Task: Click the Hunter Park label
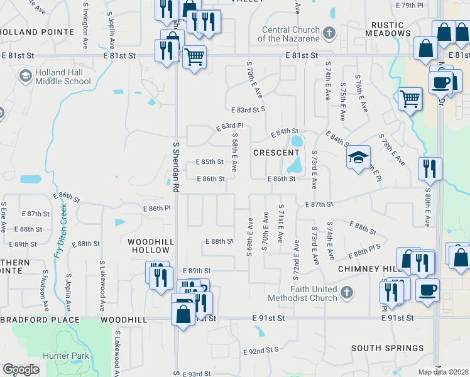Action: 72,356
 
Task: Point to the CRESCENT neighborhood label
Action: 276,153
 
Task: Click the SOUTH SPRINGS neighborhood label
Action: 387,348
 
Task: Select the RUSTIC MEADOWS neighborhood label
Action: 391,30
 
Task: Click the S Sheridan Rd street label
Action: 176,166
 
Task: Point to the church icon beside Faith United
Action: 346,293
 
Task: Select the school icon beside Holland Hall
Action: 26,77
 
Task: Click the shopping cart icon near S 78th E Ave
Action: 410,98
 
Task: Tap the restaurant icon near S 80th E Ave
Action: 430,168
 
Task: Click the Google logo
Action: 21,369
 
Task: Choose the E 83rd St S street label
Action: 248,109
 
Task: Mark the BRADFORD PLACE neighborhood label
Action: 40,320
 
